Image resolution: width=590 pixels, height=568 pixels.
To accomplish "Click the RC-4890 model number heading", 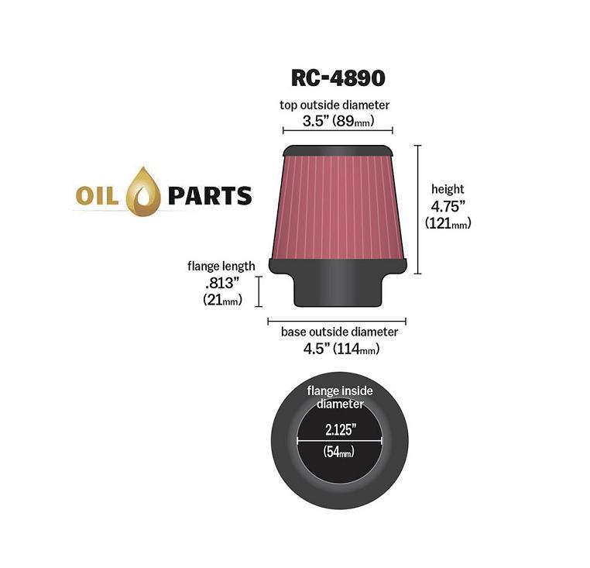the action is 338,78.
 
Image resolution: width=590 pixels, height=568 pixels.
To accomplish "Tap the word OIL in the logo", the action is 97,197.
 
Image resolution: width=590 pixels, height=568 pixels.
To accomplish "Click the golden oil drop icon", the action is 143,191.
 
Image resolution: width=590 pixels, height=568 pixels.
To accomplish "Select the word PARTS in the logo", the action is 210,196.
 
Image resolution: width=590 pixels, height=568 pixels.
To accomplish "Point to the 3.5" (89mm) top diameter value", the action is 338,121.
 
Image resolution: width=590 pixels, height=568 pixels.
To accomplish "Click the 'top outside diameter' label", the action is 334,105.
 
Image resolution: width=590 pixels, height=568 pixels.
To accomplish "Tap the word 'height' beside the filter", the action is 448,189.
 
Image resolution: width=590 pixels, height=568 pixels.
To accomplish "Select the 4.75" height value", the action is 448,206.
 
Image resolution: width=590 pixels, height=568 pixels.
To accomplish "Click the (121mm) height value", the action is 448,223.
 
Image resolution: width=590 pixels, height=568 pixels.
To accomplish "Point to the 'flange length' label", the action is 221,267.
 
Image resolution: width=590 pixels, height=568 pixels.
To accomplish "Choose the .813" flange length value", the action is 222,283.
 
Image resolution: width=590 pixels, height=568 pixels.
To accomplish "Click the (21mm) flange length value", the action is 222,300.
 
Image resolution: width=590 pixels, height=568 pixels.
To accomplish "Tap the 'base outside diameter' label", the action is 339,332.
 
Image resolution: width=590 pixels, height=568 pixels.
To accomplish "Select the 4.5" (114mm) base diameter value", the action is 341,349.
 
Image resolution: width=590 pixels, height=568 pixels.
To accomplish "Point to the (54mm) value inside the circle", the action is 339,451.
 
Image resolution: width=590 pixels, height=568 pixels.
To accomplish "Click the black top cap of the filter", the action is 338,150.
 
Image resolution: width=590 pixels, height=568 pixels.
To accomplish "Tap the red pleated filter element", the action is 338,208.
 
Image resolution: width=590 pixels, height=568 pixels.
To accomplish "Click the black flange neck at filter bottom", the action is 338,290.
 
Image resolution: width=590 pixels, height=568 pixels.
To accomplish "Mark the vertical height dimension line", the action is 417,209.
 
